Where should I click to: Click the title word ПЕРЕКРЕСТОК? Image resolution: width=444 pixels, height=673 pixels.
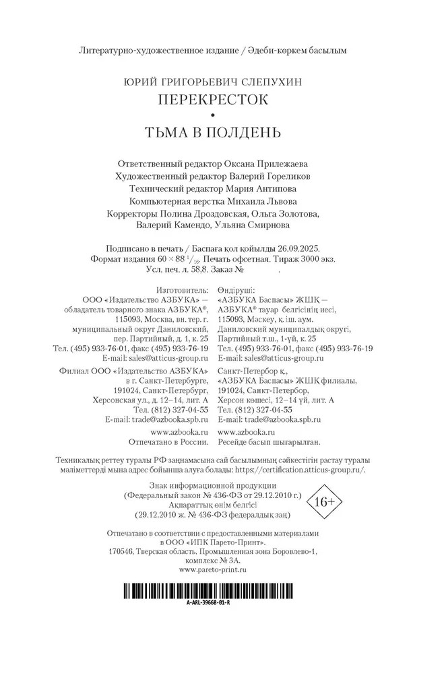(x=213, y=100)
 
